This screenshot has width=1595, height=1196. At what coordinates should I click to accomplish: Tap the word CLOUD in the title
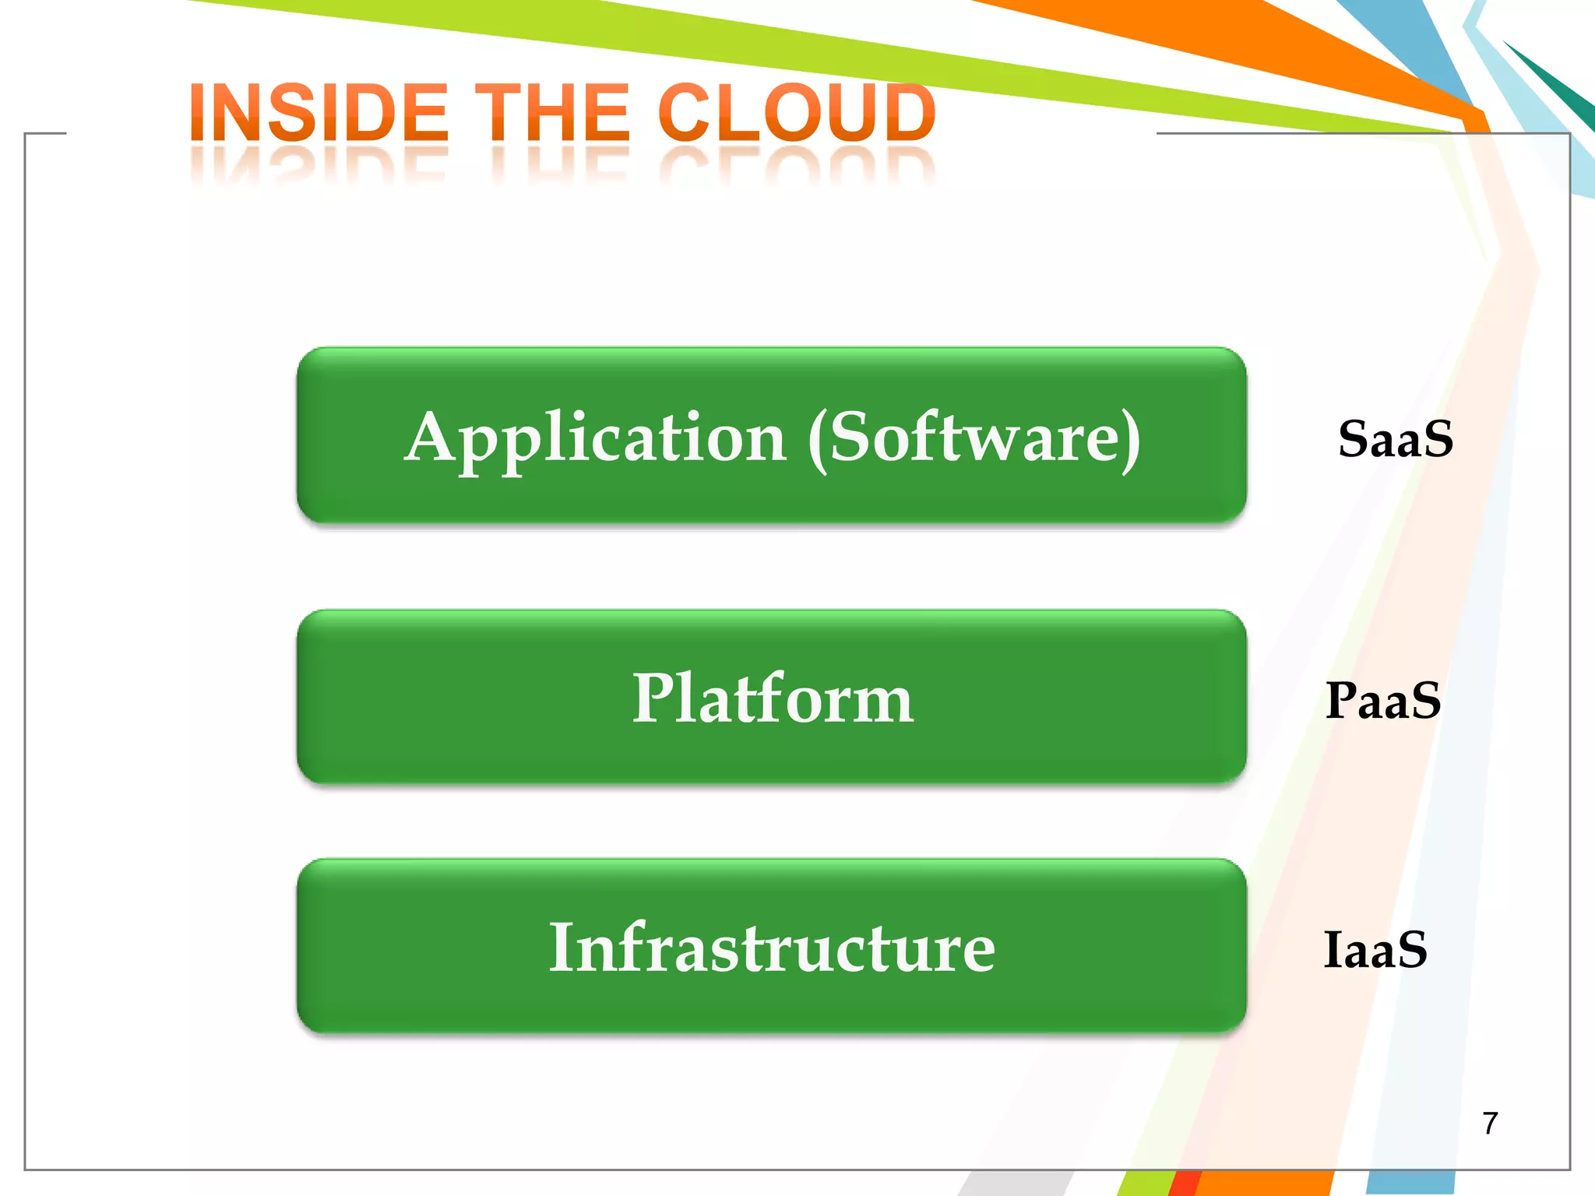796,114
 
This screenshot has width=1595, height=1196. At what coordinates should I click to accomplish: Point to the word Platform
772,698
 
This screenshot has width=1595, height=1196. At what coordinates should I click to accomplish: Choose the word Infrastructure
772,948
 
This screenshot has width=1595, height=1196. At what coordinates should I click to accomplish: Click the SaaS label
1395,439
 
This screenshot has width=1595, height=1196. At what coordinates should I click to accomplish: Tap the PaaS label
1383,700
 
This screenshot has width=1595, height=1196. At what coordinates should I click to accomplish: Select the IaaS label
1375,950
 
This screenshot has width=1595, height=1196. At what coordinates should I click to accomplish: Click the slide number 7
1490,1124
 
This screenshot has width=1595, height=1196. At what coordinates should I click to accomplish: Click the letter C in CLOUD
687,114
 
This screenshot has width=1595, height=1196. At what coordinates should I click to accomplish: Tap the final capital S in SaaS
1436,439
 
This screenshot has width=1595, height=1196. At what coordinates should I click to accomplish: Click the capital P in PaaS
1343,700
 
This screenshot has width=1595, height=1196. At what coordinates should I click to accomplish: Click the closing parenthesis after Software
1131,441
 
